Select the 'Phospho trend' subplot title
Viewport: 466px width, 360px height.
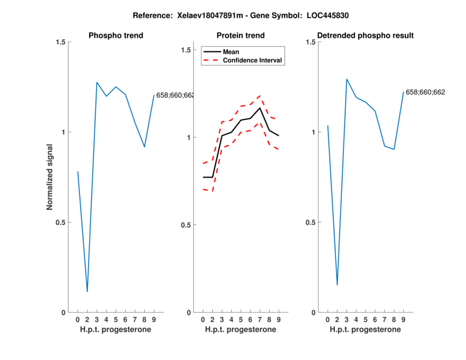[115, 36]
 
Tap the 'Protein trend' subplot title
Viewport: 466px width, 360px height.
[241, 36]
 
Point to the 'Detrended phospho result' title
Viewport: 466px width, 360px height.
[365, 36]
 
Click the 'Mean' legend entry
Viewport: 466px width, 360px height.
[231, 52]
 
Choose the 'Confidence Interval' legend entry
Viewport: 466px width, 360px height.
[253, 60]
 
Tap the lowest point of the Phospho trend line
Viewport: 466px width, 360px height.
[87, 291]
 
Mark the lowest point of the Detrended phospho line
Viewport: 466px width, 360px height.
[337, 285]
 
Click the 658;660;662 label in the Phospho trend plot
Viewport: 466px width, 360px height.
[175, 95]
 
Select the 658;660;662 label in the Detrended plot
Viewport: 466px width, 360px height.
[425, 92]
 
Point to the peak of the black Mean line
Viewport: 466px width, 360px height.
[260, 108]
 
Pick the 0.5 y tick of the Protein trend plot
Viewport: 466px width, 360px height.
[186, 225]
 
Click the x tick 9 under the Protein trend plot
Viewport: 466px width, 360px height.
[278, 319]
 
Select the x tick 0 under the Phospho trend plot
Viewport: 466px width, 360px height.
[77, 319]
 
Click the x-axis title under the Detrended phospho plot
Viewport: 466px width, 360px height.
[365, 329]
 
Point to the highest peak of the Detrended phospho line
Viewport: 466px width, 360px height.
[347, 79]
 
